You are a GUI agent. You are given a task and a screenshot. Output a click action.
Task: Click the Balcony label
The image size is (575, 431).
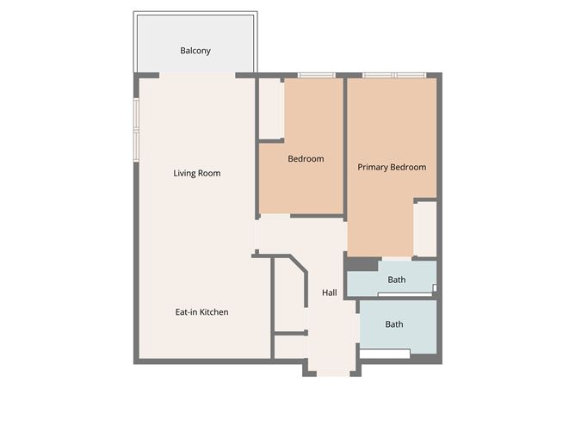(x=195, y=51)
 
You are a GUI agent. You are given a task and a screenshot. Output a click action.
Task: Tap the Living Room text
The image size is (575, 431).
(x=197, y=174)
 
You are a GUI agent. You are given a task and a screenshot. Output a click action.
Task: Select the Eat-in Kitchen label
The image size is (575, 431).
(x=201, y=312)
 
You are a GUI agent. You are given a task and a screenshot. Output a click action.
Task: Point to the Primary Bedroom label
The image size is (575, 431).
(x=392, y=168)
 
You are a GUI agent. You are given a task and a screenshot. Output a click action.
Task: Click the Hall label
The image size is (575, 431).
(x=330, y=292)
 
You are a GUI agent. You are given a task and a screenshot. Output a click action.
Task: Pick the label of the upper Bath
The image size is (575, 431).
(x=397, y=280)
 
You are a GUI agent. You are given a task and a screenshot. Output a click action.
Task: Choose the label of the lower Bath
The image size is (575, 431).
(x=394, y=324)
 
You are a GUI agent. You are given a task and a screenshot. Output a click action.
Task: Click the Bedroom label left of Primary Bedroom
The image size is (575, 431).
(x=306, y=159)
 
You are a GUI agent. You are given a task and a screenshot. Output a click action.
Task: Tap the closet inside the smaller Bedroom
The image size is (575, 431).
(x=271, y=108)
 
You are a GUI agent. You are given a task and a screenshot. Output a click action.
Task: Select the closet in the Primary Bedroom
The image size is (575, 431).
(x=425, y=229)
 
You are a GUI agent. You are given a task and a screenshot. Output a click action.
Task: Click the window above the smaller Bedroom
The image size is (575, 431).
(x=316, y=76)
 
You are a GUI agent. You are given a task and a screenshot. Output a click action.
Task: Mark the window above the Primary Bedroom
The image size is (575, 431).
(x=394, y=76)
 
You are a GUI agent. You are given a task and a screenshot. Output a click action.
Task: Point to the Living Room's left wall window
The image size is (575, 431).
(x=136, y=130)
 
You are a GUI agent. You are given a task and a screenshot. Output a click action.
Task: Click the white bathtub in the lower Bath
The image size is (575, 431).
(x=385, y=354)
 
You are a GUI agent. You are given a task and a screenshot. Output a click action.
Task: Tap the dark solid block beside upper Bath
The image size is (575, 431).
(x=362, y=264)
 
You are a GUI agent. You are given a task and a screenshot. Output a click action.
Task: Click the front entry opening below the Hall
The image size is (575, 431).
(x=333, y=373)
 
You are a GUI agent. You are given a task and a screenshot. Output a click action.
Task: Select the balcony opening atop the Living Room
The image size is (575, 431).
(x=197, y=76)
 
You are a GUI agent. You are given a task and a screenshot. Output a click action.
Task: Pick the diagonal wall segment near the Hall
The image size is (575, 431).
(x=298, y=264)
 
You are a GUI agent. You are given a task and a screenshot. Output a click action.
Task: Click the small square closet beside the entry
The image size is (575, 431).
(x=289, y=347)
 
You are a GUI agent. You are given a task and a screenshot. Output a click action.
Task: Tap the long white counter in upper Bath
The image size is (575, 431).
(x=405, y=294)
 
